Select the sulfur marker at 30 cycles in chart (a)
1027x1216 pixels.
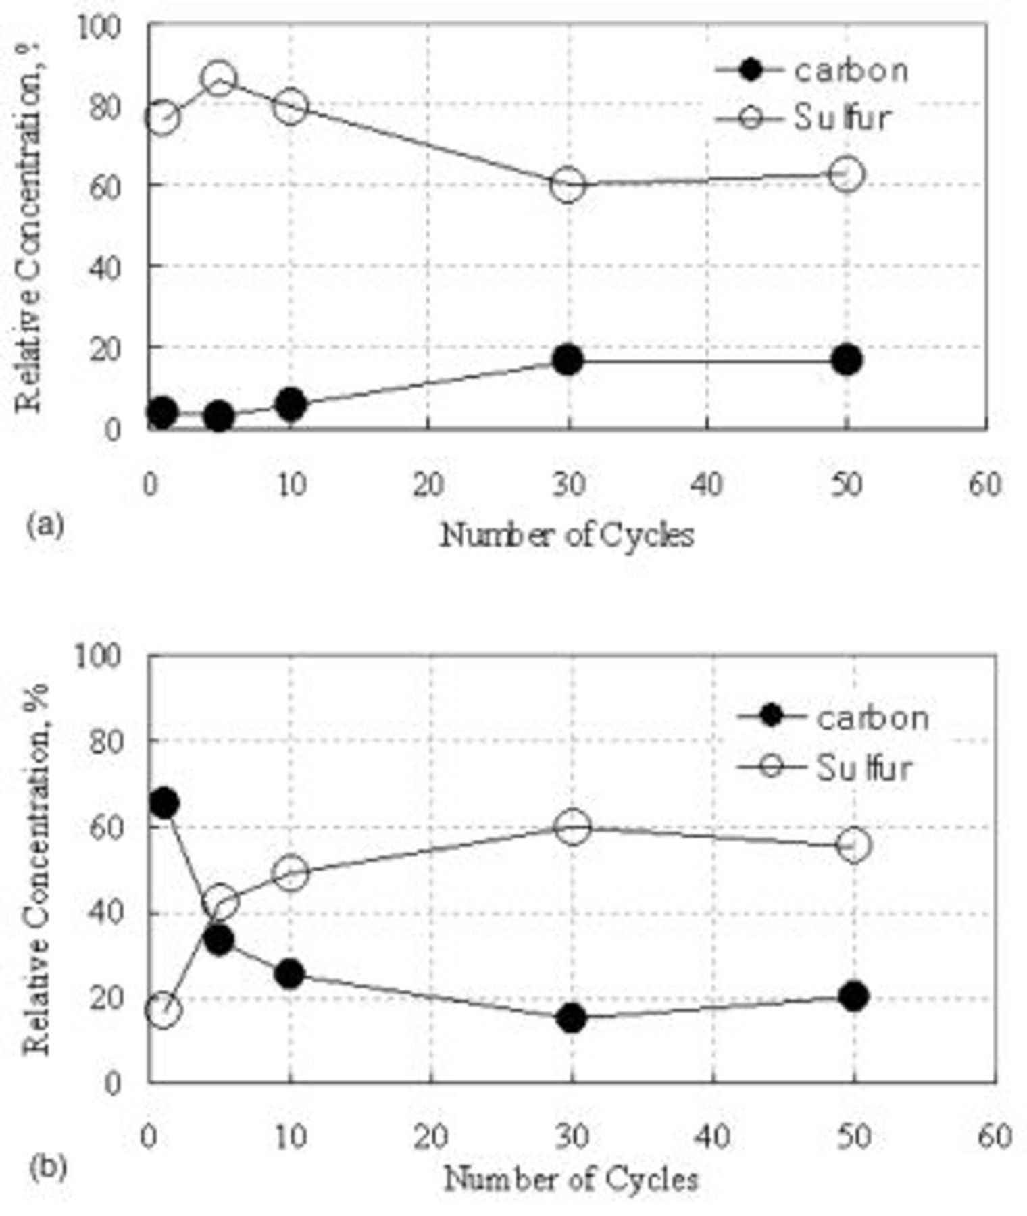568,184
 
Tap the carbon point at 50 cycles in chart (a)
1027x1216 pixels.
847,359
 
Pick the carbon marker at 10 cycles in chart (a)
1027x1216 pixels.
291,405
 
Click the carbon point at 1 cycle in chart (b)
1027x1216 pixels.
164,803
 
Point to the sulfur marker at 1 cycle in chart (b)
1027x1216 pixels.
163,1011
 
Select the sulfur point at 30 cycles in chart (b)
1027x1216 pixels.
572,827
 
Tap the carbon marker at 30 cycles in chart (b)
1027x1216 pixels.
572,1017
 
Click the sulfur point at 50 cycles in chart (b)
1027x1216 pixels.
853,845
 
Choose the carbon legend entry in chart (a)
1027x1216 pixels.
850,70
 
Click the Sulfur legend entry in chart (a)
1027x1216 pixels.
841,118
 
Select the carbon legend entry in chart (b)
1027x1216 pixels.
872,717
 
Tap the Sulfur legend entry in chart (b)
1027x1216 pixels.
863,768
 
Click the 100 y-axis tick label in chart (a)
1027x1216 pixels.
98,27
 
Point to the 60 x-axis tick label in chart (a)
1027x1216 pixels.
985,484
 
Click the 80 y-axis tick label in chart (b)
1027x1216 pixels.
105,741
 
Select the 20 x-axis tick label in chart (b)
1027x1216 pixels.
431,1138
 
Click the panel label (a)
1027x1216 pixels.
45,524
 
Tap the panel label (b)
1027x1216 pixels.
47,1167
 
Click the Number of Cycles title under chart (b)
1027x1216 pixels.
571,1180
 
